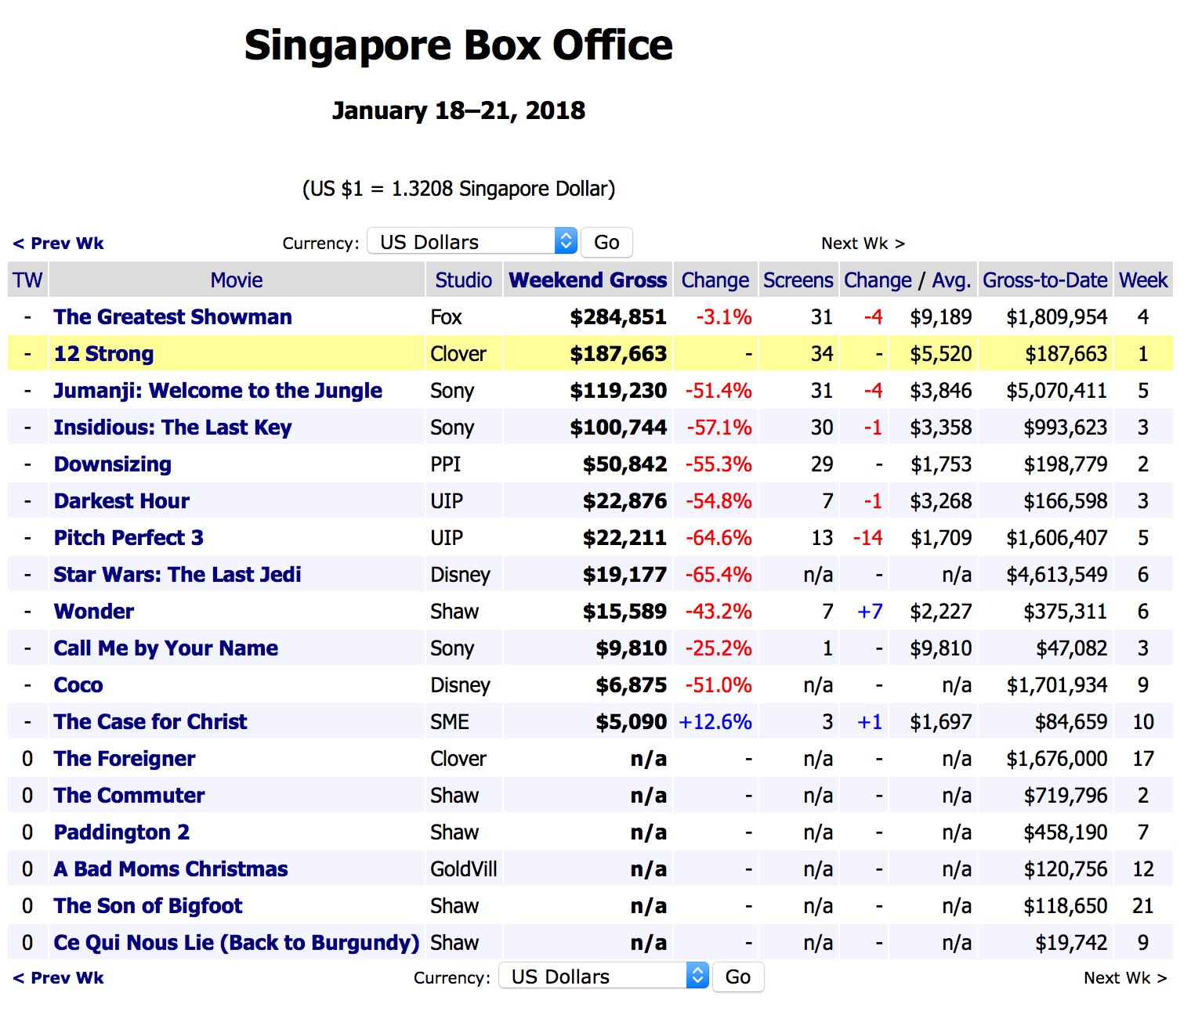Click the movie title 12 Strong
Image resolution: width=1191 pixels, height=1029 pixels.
tap(103, 354)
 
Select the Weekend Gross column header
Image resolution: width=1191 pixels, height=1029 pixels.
tap(588, 280)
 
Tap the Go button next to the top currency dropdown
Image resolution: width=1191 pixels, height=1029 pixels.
tap(606, 242)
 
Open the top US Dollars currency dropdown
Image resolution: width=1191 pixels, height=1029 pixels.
tap(472, 242)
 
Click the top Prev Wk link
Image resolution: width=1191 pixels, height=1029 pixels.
tap(59, 244)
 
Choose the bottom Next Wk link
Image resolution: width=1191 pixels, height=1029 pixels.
tap(1124, 978)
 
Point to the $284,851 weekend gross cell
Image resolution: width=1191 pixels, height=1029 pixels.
tap(618, 317)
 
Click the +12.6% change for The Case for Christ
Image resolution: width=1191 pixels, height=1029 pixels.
tap(715, 722)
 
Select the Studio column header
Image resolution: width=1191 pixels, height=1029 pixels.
tap(463, 280)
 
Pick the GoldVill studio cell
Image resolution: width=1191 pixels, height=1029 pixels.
tap(463, 869)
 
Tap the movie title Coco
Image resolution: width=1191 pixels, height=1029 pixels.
tap(78, 685)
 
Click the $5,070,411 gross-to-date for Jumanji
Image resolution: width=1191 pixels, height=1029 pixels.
tap(1056, 391)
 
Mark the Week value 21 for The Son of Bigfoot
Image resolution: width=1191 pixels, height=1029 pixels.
tap(1143, 906)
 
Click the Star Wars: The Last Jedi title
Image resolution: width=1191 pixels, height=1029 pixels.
tap(177, 575)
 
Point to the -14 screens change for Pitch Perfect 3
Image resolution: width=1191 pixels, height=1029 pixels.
tap(867, 538)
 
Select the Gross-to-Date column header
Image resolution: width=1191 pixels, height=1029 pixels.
tap(1044, 280)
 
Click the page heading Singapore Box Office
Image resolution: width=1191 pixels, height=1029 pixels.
tap(458, 45)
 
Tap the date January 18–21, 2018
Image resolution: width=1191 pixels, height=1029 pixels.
tap(458, 110)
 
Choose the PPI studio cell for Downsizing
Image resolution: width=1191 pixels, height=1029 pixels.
tap(445, 464)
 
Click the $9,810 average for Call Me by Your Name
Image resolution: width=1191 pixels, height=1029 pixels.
tap(940, 648)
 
